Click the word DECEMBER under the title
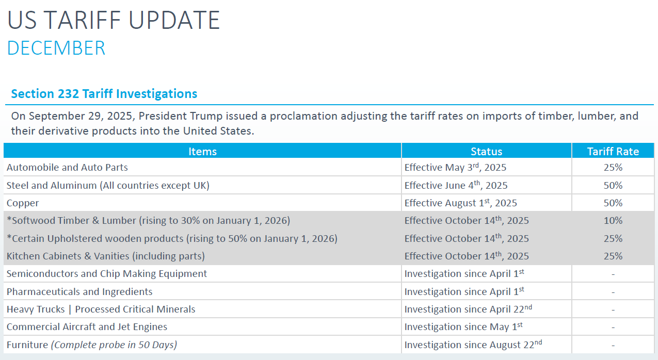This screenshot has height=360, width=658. pyautogui.click(x=56, y=48)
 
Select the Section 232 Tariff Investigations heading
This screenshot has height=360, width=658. pyautogui.click(x=104, y=94)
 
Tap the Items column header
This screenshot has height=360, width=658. pyautogui.click(x=202, y=152)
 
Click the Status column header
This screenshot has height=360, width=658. pyautogui.click(x=487, y=152)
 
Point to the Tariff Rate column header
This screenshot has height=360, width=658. pyautogui.click(x=613, y=152)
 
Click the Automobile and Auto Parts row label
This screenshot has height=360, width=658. pyautogui.click(x=67, y=168)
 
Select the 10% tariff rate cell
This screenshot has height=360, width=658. pyautogui.click(x=613, y=221)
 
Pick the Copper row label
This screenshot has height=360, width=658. pyautogui.click(x=23, y=203)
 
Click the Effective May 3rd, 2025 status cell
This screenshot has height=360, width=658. pyautogui.click(x=455, y=167)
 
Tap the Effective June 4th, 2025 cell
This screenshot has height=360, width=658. pyautogui.click(x=456, y=185)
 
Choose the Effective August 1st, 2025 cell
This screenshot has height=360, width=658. pyautogui.click(x=460, y=203)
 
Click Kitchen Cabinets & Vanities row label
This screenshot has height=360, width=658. pyautogui.click(x=106, y=256)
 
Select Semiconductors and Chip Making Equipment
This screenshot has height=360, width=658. pyautogui.click(x=107, y=274)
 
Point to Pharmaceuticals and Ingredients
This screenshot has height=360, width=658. pyautogui.click(x=79, y=291)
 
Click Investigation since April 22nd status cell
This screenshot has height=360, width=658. pyautogui.click(x=468, y=309)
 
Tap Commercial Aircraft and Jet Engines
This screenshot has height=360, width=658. pyautogui.click(x=87, y=327)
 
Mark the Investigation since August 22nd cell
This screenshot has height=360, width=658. pyautogui.click(x=473, y=344)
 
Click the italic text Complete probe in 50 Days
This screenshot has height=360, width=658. pyautogui.click(x=114, y=345)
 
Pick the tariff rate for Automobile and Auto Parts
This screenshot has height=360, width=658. pyautogui.click(x=613, y=168)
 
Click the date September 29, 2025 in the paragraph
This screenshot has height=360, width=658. pyautogui.click(x=82, y=116)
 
